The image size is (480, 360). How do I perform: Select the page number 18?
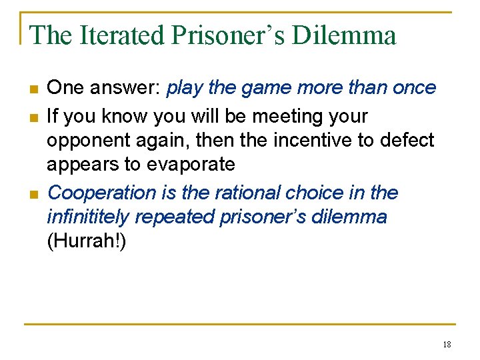447,344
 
